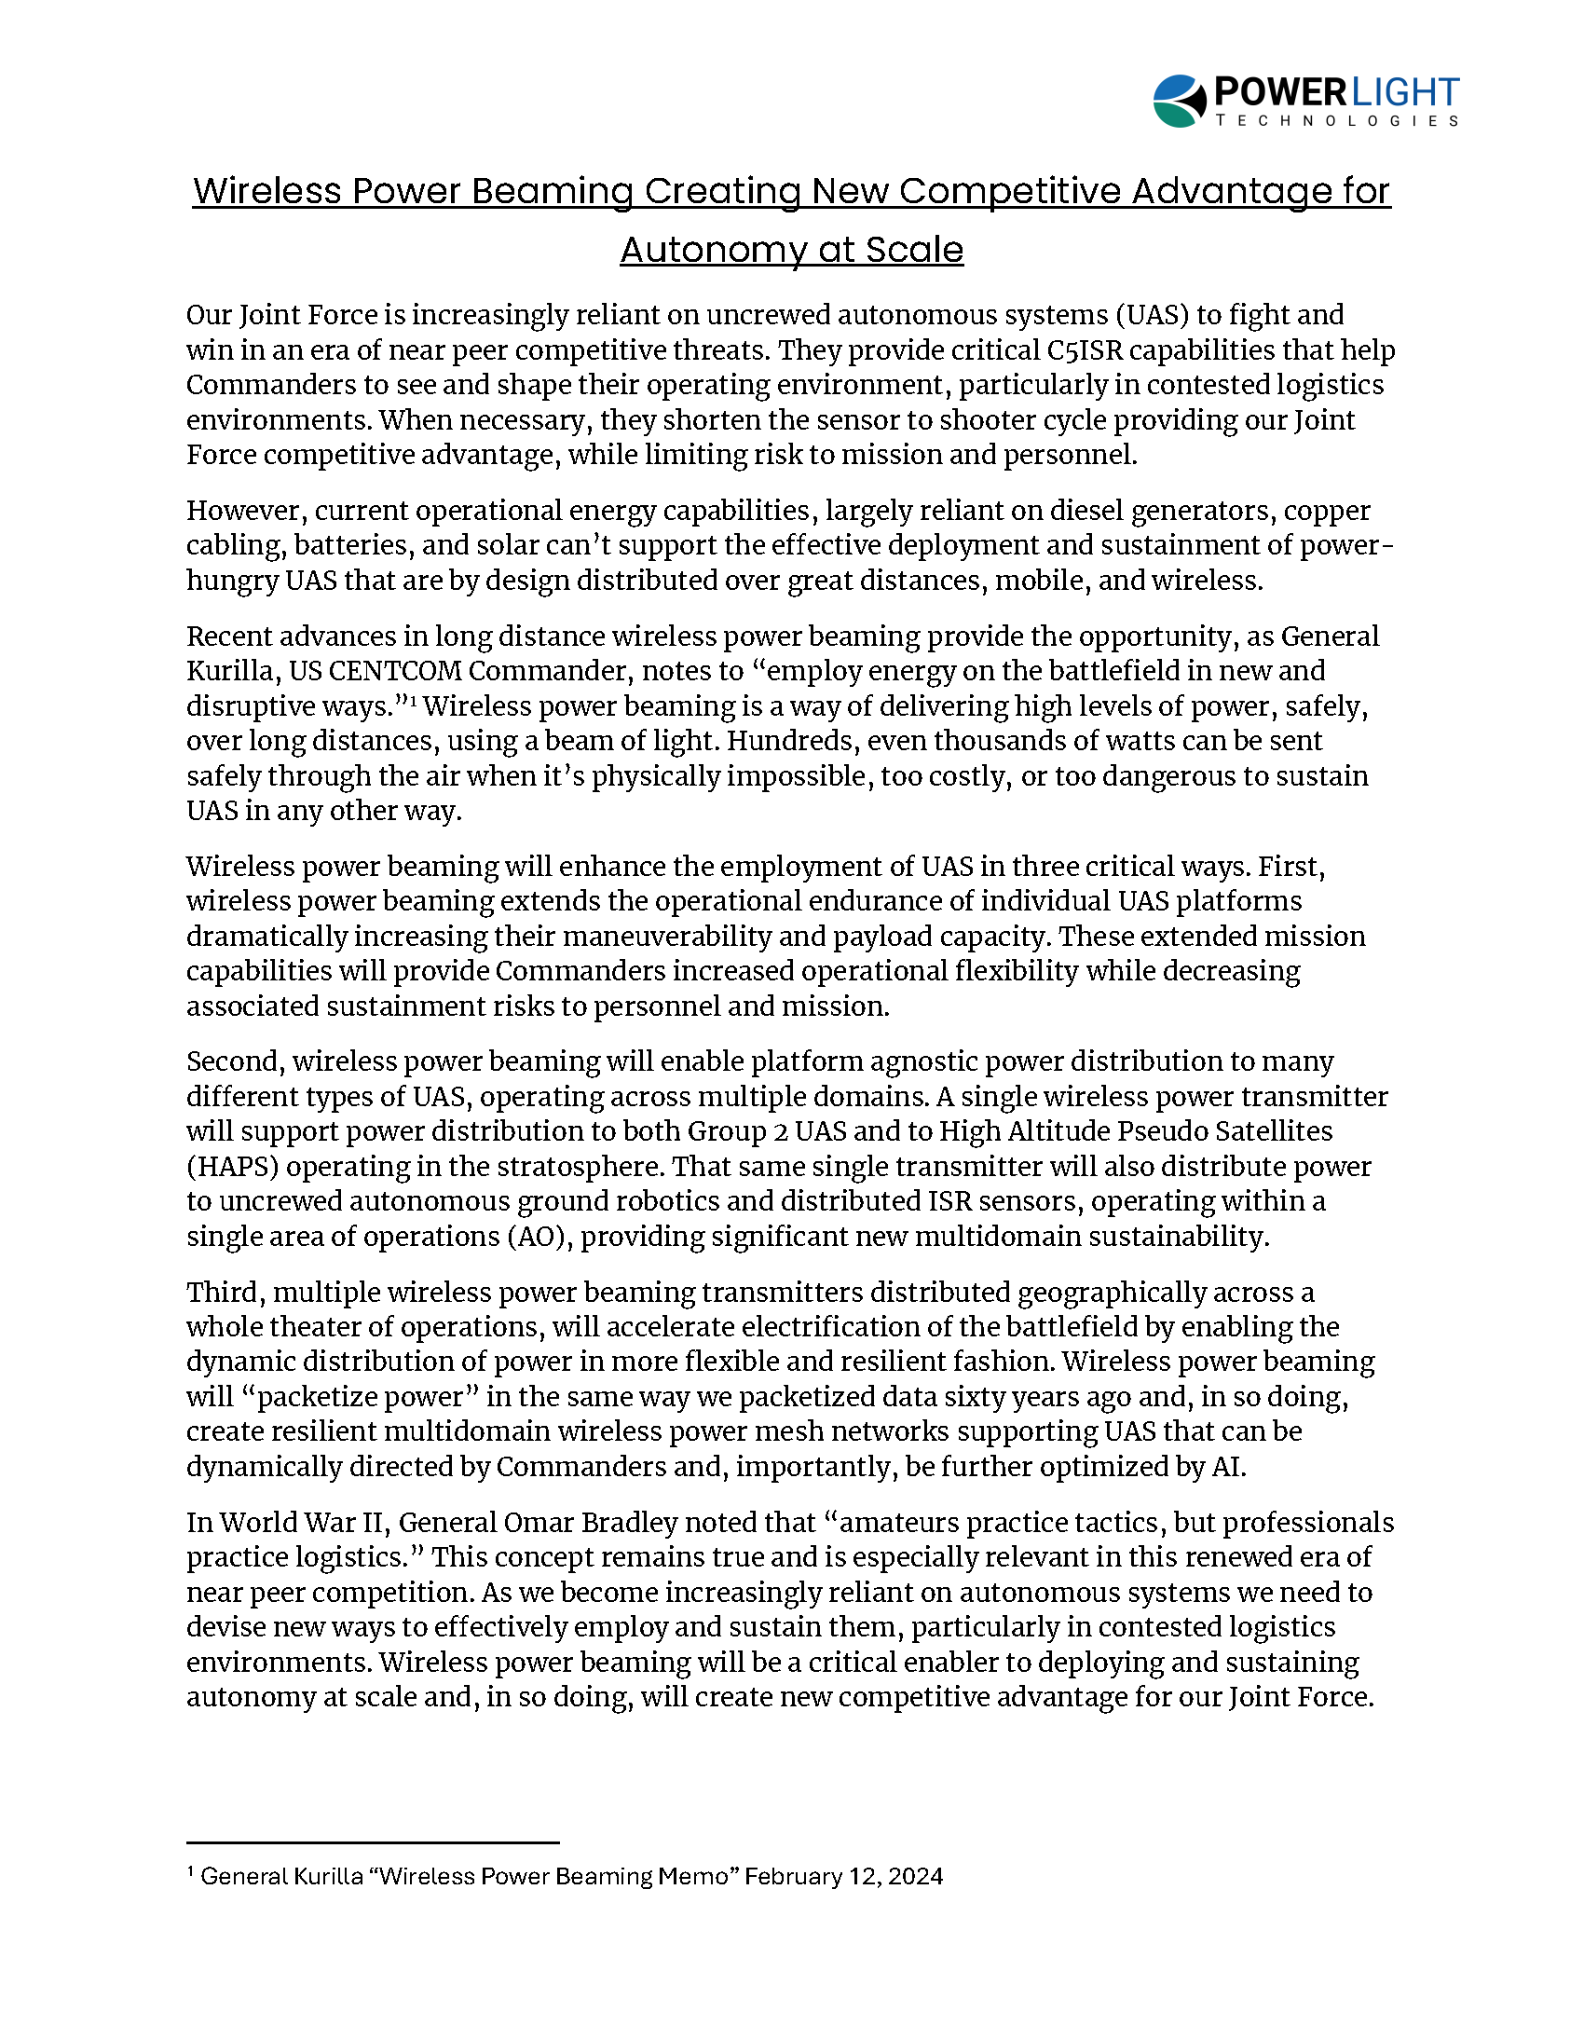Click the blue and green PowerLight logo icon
coord(1179,101)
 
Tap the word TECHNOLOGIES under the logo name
coord(1336,121)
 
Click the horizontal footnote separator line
coord(372,1843)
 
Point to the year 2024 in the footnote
coord(915,1877)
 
